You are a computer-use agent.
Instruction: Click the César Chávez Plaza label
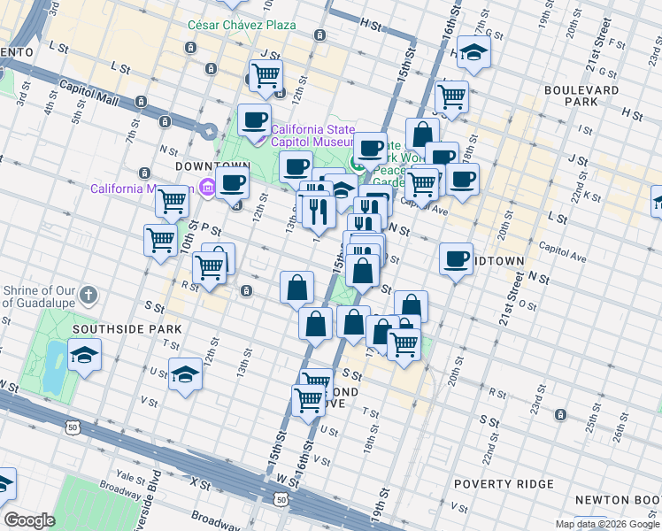[x=242, y=25]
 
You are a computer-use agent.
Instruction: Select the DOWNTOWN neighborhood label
[x=208, y=166]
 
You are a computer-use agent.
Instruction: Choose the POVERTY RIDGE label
[x=504, y=484]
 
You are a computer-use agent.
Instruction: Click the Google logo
[x=29, y=520]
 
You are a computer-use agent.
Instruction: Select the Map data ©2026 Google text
[x=607, y=524]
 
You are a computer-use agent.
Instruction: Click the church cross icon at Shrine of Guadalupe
[x=89, y=294]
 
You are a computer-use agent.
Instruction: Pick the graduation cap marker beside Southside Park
[x=84, y=356]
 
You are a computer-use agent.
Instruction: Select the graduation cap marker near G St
[x=474, y=55]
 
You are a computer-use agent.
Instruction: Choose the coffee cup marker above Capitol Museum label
[x=254, y=119]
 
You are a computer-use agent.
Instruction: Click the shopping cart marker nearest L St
[x=266, y=76]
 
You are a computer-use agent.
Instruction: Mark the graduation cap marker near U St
[x=186, y=374]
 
